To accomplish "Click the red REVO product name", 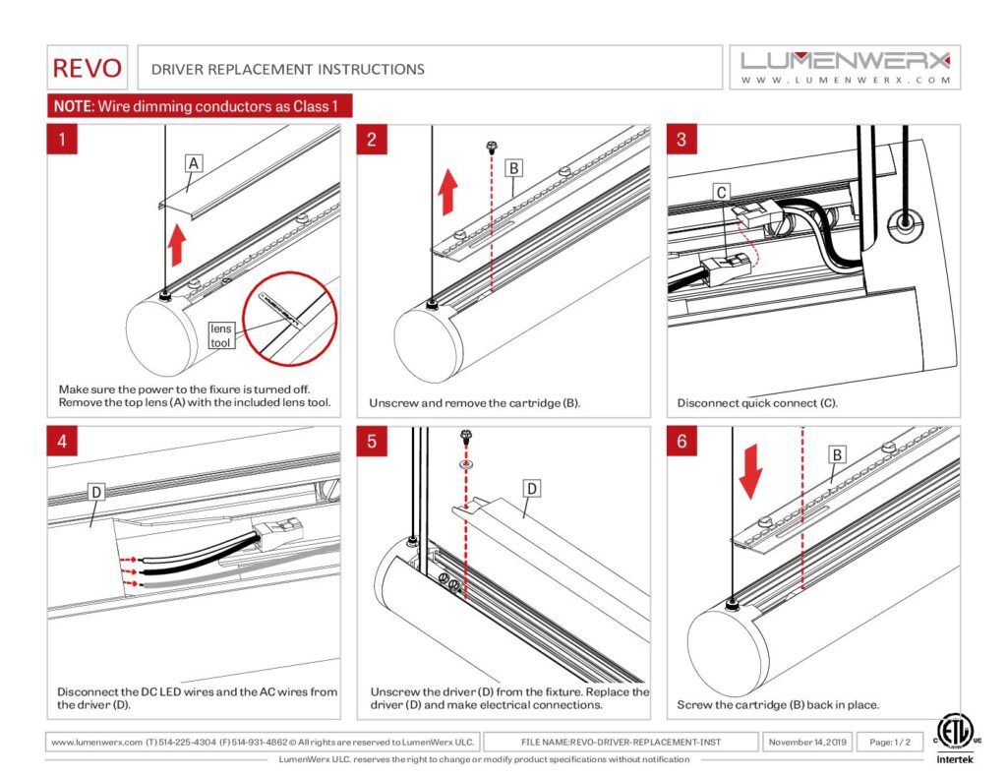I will pyautogui.click(x=89, y=68).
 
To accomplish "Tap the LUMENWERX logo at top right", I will pyautogui.click(x=846, y=67).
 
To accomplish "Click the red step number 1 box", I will pyautogui.click(x=63, y=140).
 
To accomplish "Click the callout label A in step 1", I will pyautogui.click(x=195, y=164).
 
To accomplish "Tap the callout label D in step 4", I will pyautogui.click(x=96, y=490).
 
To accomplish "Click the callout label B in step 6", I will pyautogui.click(x=837, y=455).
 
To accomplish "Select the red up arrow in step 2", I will pyautogui.click(x=448, y=191).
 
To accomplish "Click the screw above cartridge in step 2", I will pyautogui.click(x=490, y=148).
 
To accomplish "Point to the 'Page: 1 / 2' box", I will pyautogui.click(x=889, y=742).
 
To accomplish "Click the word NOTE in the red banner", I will pyautogui.click(x=71, y=106).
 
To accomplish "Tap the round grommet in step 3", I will pyautogui.click(x=901, y=222).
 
